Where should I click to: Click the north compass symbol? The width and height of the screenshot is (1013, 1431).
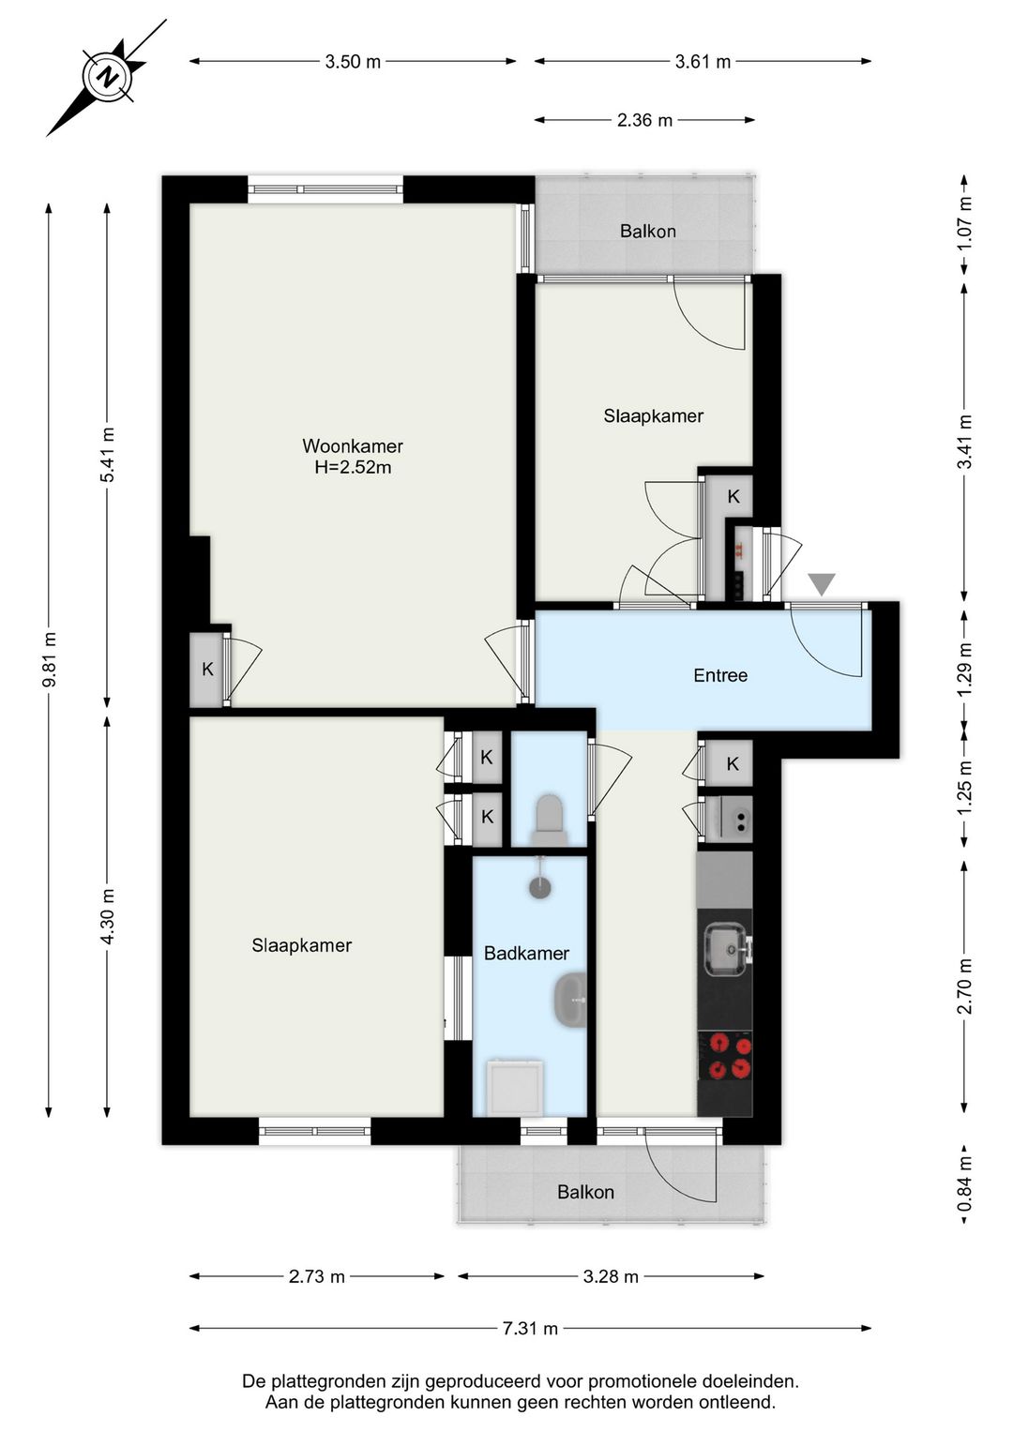point(107,78)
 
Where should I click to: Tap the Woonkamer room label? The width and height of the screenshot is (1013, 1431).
point(352,445)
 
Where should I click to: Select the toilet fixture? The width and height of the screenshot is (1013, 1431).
point(549,819)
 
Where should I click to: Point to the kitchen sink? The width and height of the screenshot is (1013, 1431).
point(726,949)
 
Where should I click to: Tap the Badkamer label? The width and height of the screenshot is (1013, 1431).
point(526,954)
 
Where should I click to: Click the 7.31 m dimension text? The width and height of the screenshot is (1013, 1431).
point(530,1329)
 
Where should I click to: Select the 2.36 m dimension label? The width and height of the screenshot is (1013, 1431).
point(644,120)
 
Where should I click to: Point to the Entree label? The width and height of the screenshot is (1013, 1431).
point(720,675)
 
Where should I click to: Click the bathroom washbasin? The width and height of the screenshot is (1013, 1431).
point(570,1001)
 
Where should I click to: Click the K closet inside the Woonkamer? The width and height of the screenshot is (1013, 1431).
point(207,670)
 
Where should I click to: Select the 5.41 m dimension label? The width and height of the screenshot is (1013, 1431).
point(109,456)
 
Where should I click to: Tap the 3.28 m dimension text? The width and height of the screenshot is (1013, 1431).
point(611,1276)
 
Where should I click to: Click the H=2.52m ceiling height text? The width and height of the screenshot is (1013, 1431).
point(353,467)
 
